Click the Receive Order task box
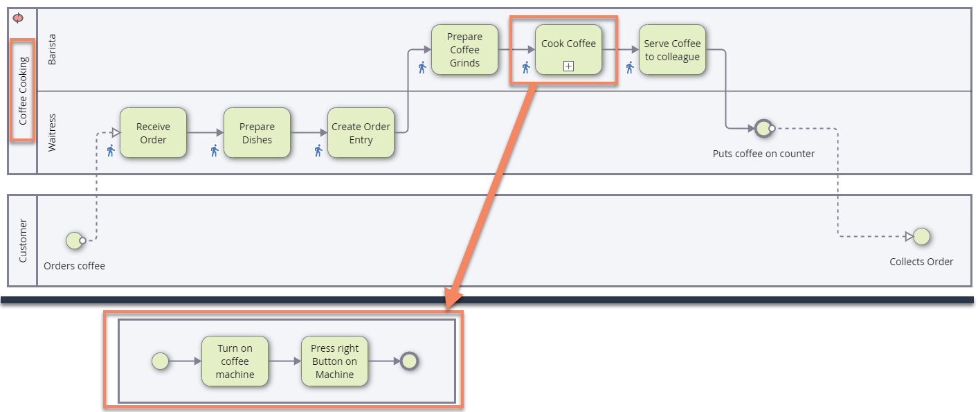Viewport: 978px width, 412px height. coord(153,133)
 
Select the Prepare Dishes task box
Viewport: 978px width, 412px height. coord(257,133)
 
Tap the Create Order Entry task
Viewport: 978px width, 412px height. coord(361,133)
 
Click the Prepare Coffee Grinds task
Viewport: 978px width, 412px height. coord(464,50)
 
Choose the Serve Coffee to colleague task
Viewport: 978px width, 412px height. coord(672,50)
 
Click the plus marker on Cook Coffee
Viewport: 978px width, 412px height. coord(568,66)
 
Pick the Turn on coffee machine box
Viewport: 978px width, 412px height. coord(235,361)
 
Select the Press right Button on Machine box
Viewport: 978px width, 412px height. coord(334,361)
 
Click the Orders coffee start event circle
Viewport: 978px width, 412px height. coord(74,240)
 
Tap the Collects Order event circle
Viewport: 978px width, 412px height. coord(921,237)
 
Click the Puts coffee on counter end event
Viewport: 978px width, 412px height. coord(763,128)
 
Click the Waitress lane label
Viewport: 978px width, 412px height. coord(53,133)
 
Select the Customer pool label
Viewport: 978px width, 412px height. coord(23,240)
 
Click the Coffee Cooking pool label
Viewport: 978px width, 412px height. coord(23,91)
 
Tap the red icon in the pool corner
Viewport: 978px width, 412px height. coord(18,18)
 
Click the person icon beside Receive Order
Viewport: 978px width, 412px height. coord(110,150)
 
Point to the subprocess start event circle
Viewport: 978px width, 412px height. coord(160,361)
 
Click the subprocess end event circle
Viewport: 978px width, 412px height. coord(409,361)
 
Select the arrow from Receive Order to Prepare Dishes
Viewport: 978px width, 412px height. coord(205,133)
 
